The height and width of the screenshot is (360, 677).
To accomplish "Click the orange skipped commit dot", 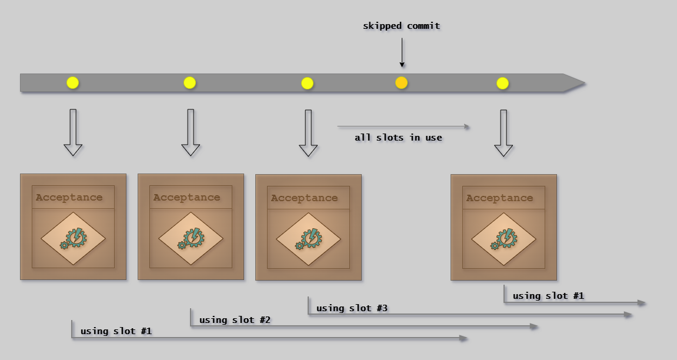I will pyautogui.click(x=401, y=83).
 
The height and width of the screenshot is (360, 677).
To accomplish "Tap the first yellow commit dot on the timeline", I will pyautogui.click(x=72, y=83).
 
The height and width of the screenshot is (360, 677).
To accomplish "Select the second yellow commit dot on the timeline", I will pyautogui.click(x=189, y=83).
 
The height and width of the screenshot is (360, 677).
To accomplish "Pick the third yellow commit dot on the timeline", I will pyautogui.click(x=307, y=83).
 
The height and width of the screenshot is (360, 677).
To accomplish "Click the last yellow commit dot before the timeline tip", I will pyautogui.click(x=502, y=83).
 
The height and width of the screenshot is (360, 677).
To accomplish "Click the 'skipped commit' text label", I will pyautogui.click(x=401, y=26).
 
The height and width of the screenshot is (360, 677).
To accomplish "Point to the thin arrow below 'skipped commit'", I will pyautogui.click(x=402, y=53).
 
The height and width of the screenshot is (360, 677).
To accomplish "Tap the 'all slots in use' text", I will pyautogui.click(x=398, y=138).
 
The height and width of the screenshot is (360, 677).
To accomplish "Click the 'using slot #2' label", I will pyautogui.click(x=235, y=320).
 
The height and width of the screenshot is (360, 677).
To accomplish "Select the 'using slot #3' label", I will pyautogui.click(x=352, y=308).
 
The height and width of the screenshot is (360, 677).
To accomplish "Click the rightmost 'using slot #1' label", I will pyautogui.click(x=548, y=296).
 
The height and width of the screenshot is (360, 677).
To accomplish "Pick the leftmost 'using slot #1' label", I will pyautogui.click(x=116, y=331).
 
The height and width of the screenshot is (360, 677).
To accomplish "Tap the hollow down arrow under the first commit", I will pyautogui.click(x=73, y=132).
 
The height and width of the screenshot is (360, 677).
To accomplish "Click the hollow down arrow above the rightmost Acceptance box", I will pyautogui.click(x=503, y=132).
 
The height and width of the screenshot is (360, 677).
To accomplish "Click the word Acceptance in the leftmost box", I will pyautogui.click(x=69, y=198).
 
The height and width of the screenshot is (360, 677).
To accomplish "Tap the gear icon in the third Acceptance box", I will pyautogui.click(x=308, y=239).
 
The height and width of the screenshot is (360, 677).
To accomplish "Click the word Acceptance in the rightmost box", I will pyautogui.click(x=499, y=198).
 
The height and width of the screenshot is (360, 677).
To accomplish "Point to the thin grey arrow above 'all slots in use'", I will pyautogui.click(x=403, y=126).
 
